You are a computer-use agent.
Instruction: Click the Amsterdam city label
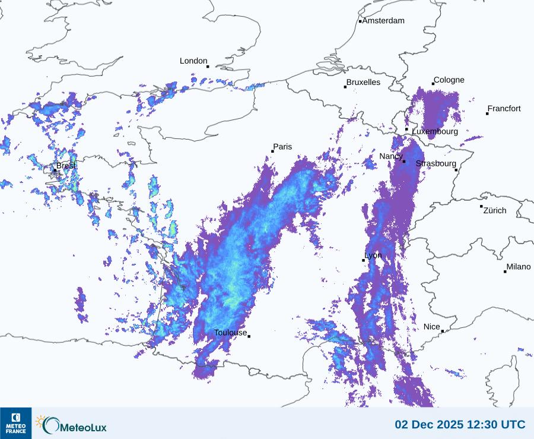click(383, 21)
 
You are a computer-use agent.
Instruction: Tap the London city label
click(193, 61)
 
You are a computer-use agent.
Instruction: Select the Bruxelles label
click(363, 83)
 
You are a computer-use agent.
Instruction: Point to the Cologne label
click(449, 80)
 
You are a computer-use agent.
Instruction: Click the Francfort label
click(504, 109)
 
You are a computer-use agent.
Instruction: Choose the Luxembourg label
click(435, 131)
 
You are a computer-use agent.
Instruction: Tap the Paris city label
click(282, 147)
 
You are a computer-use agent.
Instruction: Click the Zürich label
click(495, 210)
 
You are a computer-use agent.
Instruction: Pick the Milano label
click(519, 267)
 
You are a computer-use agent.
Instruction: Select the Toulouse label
click(230, 333)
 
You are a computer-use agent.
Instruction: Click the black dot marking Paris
click(272, 151)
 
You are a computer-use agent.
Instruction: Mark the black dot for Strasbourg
click(456, 170)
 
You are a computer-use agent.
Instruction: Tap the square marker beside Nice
click(443, 331)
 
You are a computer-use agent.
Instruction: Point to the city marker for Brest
click(55, 170)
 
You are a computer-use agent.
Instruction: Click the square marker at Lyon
click(364, 260)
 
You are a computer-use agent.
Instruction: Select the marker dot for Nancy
click(404, 162)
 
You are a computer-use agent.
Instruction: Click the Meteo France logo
click(15, 423)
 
